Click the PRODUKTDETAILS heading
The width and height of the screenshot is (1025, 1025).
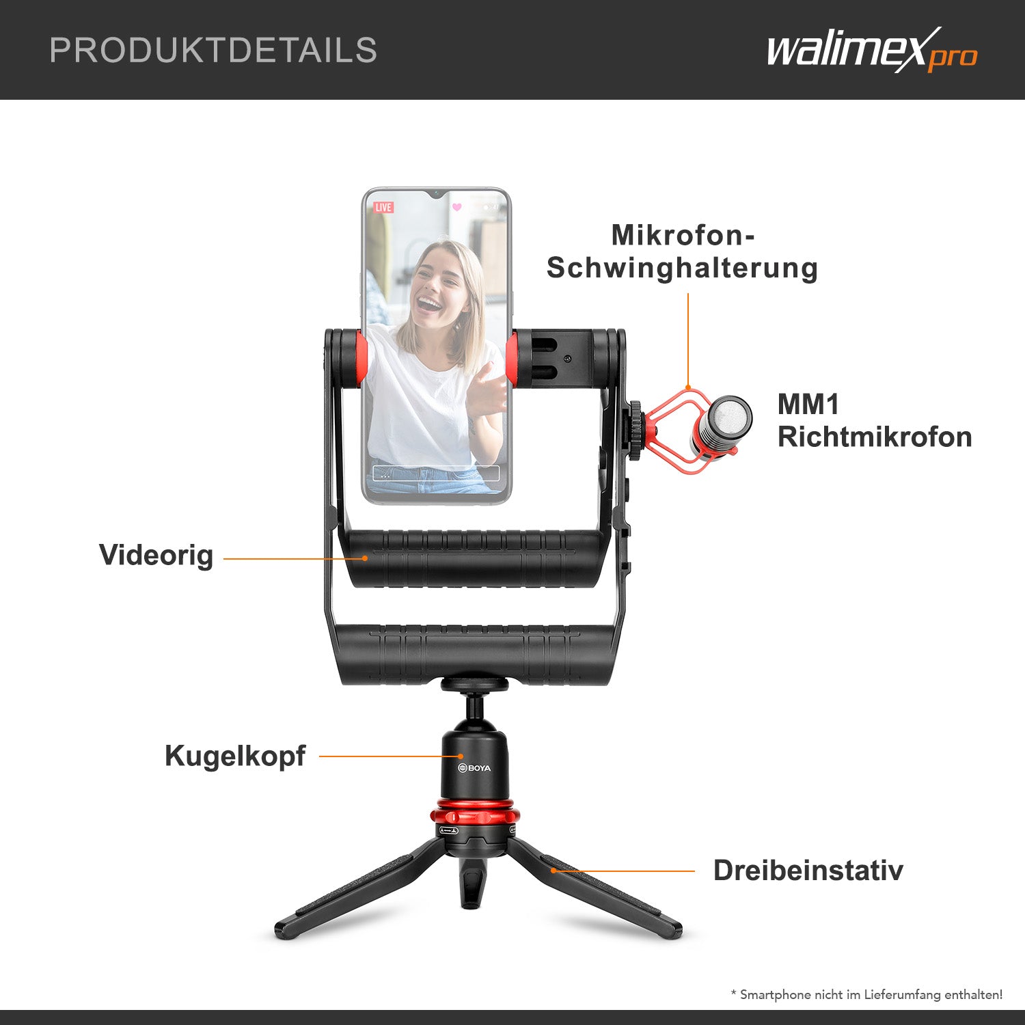click(213, 50)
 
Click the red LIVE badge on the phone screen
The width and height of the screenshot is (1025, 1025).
click(383, 207)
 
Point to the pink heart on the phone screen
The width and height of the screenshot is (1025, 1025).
click(457, 207)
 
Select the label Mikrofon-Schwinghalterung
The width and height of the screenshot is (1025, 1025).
click(682, 251)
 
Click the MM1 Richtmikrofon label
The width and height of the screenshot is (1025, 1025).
click(874, 421)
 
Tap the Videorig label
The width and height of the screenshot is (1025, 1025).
click(156, 555)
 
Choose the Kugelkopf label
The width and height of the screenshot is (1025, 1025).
click(235, 756)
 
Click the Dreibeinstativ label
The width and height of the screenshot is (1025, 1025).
click(808, 871)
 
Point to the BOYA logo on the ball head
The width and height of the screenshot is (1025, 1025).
click(474, 768)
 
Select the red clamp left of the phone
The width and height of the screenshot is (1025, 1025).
click(359, 359)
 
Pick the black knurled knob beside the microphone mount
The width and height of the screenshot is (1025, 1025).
click(635, 431)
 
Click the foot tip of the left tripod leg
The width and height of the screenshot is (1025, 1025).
click(282, 929)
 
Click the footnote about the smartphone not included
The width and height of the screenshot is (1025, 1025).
click(866, 994)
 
